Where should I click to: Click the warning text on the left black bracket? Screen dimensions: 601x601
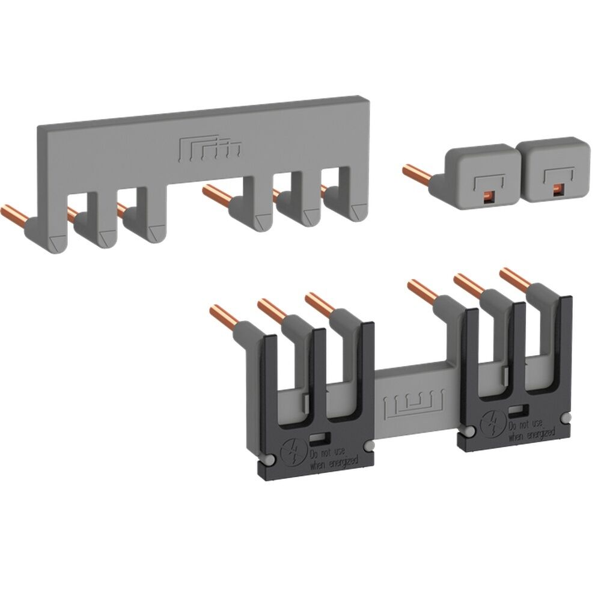[x=334, y=456]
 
